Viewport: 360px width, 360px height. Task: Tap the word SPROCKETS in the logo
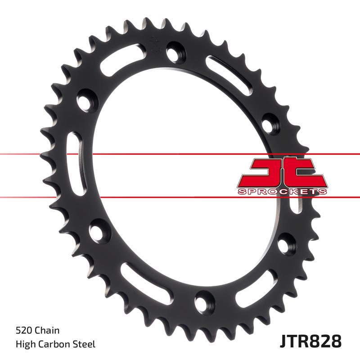[282, 192]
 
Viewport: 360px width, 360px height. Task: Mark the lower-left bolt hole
[96, 232]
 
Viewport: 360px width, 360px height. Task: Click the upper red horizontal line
[180, 154]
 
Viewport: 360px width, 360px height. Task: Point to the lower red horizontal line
[180, 197]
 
